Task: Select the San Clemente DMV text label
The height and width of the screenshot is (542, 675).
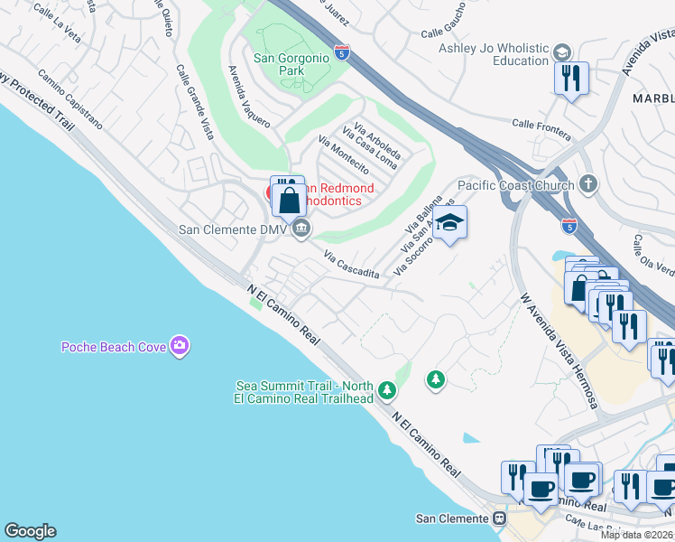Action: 233,230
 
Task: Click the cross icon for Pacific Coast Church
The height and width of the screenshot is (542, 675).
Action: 588,185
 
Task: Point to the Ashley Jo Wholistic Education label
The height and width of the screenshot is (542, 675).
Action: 495,54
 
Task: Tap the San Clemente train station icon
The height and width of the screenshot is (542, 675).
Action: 498,519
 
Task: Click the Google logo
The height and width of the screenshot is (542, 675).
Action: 30,531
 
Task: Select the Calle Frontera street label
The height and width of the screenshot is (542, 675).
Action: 541,129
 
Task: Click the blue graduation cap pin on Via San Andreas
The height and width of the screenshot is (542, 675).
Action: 449,223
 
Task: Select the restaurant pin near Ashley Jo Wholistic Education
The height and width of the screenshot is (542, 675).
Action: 572,80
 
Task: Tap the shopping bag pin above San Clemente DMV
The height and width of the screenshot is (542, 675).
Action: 290,199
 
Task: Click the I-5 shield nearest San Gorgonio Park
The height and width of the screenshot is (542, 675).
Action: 340,52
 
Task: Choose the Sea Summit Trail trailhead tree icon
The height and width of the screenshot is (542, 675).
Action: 387,389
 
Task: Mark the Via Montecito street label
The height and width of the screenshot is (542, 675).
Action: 344,154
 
